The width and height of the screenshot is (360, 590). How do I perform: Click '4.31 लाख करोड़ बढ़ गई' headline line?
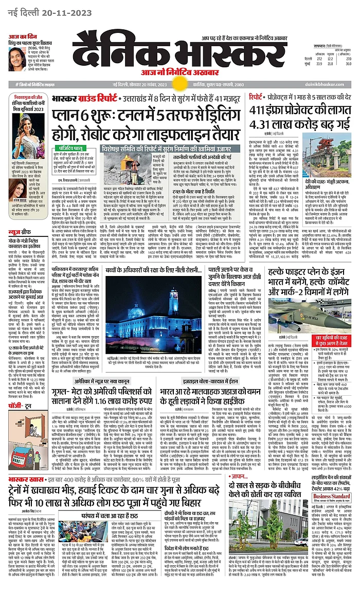[x=293, y=124]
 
